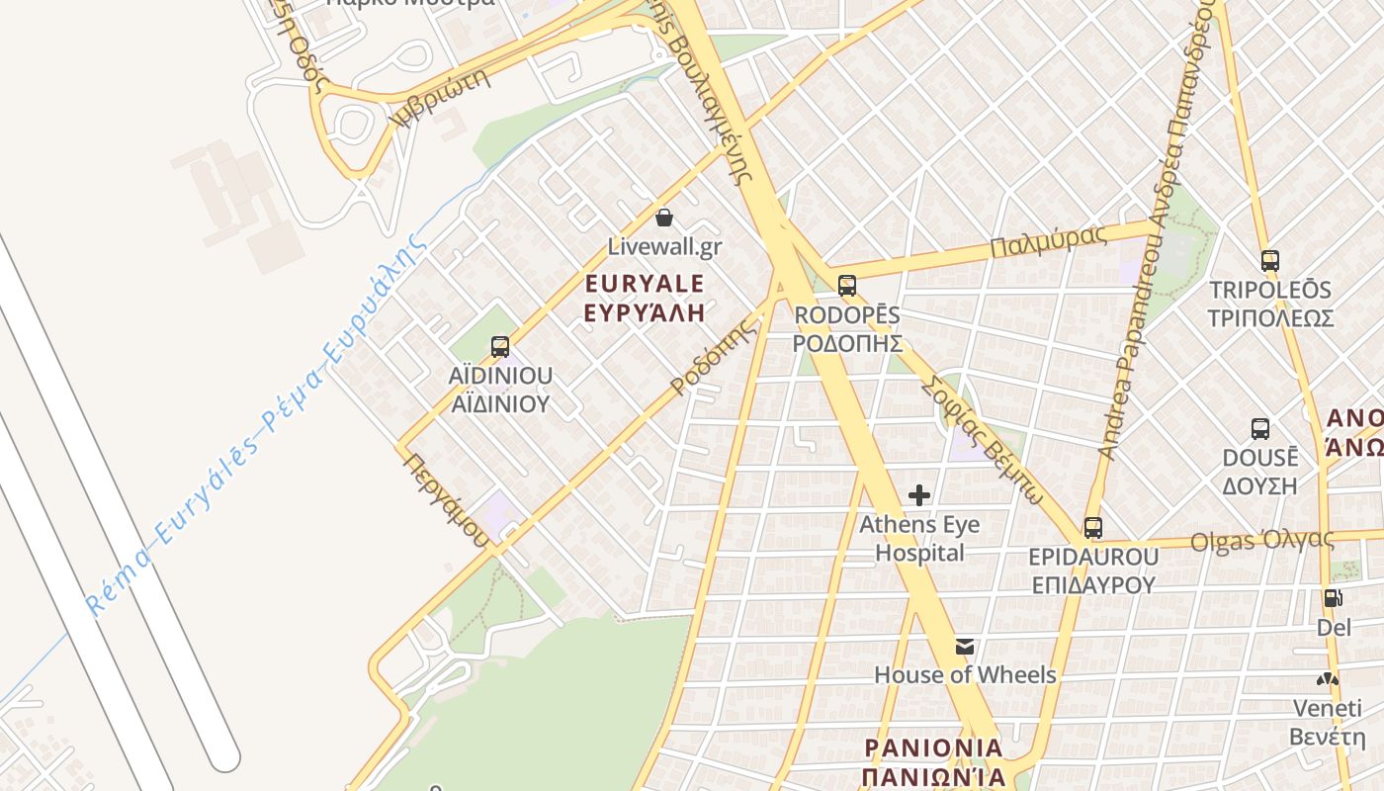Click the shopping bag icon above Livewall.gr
pos(664,217)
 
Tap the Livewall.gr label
pos(664,247)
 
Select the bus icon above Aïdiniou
pos(500,347)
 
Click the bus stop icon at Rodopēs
pos(847,286)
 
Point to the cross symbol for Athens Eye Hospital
pos(919,494)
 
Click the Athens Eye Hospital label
pos(919,538)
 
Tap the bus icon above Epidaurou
pos(1092,527)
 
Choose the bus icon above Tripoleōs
pos(1270,261)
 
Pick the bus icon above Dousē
pos(1260,429)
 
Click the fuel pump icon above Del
pos(1333,598)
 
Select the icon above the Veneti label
pos(1327,680)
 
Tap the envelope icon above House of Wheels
pos(965,647)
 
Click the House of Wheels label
pos(965,675)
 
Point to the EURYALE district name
pos(645,285)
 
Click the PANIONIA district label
pos(933,747)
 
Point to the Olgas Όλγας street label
pos(1261,540)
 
